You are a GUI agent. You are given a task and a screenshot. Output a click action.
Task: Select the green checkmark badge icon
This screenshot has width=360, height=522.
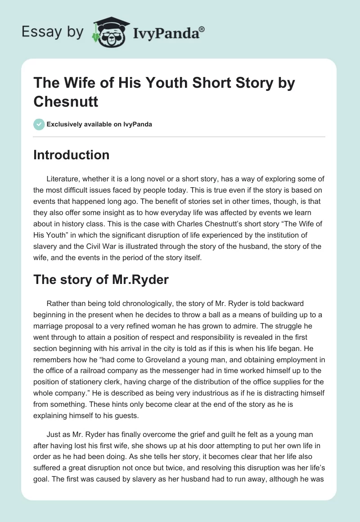pos(39,124)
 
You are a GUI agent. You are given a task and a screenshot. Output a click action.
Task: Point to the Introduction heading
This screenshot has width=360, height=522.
pos(72,155)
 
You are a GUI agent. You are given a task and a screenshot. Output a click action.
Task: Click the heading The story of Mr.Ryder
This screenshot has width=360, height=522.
pos(101,279)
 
